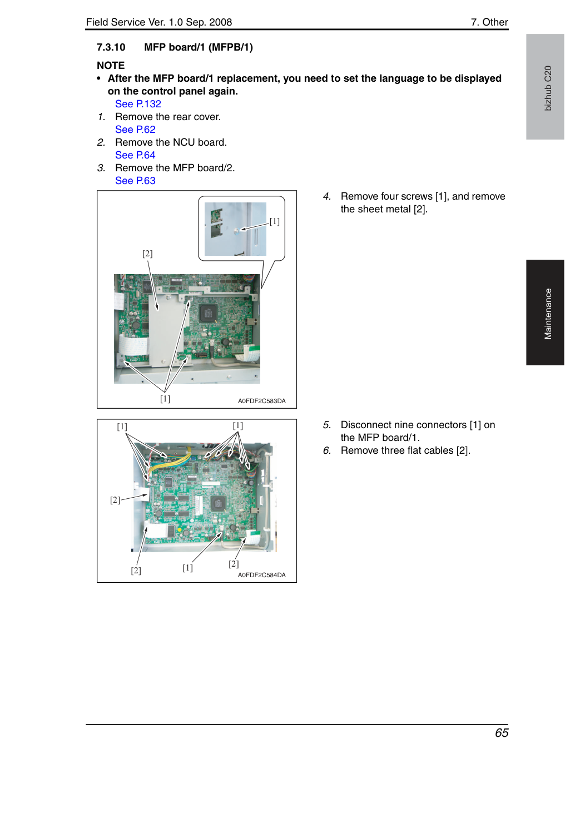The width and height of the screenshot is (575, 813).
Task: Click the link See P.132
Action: pos(138,104)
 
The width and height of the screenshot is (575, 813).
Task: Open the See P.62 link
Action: pos(135,129)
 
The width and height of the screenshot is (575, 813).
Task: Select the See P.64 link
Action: pos(135,155)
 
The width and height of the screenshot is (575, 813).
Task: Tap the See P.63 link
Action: pos(135,180)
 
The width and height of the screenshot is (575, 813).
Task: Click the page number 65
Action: pos(501,733)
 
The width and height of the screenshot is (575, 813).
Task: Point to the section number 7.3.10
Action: pos(111,47)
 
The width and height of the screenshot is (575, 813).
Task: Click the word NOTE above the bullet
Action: pos(110,65)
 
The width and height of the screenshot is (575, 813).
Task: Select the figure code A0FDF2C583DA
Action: pos(262,401)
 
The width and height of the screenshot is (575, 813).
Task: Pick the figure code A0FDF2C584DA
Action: pos(262,575)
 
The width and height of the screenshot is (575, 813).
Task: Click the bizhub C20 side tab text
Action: pos(548,88)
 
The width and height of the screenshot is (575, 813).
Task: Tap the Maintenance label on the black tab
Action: pos(548,314)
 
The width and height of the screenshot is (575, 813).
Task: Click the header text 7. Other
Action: pos(489,22)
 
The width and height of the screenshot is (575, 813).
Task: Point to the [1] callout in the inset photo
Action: pos(275,221)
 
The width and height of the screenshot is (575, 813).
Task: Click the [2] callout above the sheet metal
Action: pos(147,254)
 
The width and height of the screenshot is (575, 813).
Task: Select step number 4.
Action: pos(327,196)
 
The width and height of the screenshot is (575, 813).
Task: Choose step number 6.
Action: pos(327,450)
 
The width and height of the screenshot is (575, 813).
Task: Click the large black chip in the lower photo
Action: pos(218,503)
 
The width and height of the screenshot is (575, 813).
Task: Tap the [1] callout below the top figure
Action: pos(165,399)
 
